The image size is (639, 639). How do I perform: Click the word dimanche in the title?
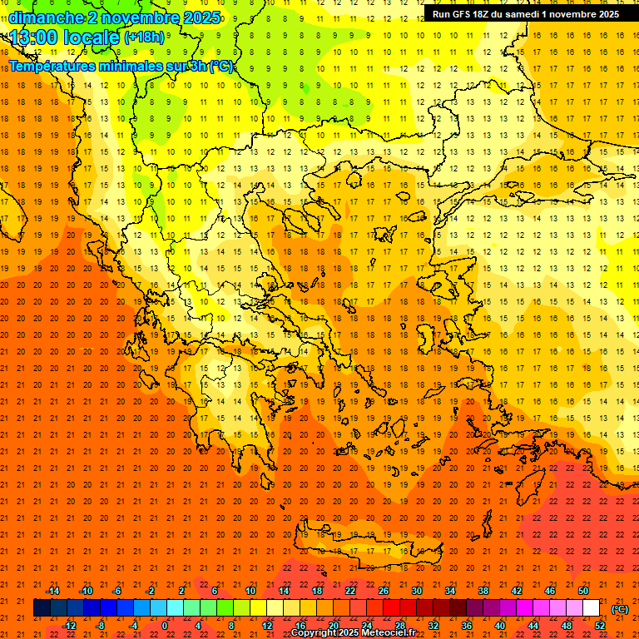(45, 17)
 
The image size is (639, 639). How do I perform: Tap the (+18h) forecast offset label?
(144, 37)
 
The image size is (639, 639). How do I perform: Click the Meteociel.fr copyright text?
(353, 633)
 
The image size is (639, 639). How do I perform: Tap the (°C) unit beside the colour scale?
(620, 608)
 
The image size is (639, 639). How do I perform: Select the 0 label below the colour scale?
(164, 626)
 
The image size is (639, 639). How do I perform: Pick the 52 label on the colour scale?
(600, 626)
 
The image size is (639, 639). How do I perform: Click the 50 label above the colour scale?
(583, 591)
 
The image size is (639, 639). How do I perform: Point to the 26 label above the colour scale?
(384, 591)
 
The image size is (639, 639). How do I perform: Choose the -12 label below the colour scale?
(69, 626)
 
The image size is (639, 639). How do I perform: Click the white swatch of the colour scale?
(592, 608)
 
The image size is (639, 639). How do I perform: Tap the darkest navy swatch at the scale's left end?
(42, 608)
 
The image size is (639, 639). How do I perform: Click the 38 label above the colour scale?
(483, 591)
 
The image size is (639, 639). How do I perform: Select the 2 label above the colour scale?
(181, 591)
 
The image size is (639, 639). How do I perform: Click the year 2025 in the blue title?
(201, 17)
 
